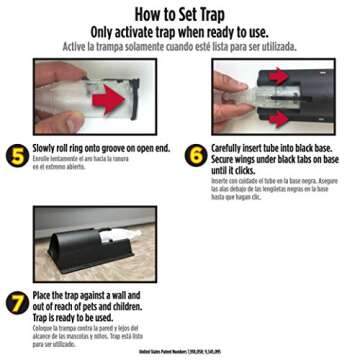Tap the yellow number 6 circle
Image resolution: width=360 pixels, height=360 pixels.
(x=197, y=157)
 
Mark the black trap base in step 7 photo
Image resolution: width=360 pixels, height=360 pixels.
(x=85, y=245)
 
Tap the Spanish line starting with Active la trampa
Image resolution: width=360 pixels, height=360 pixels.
(x=179, y=45)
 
